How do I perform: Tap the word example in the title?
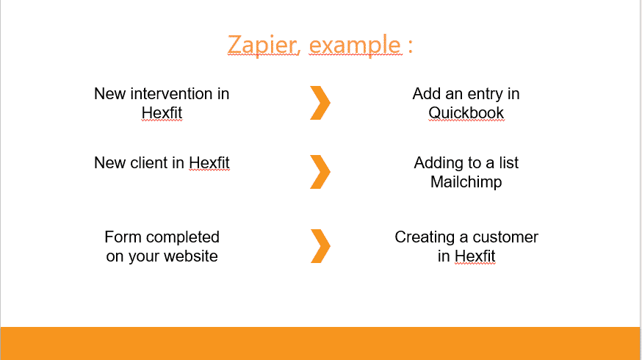[x=355, y=45]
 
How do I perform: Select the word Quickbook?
[x=466, y=113]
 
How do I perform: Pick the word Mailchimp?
[x=466, y=182]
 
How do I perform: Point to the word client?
[x=149, y=163]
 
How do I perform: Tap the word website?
[x=190, y=256]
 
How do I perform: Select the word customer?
[x=505, y=237]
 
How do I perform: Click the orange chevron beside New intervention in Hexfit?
[x=320, y=103]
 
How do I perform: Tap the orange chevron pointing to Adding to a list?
[x=320, y=172]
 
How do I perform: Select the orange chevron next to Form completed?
[x=320, y=245]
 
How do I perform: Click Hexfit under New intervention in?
[x=162, y=113]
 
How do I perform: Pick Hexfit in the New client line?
[x=209, y=163]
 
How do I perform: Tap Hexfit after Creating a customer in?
[x=475, y=256]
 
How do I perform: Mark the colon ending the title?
[x=411, y=46]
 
